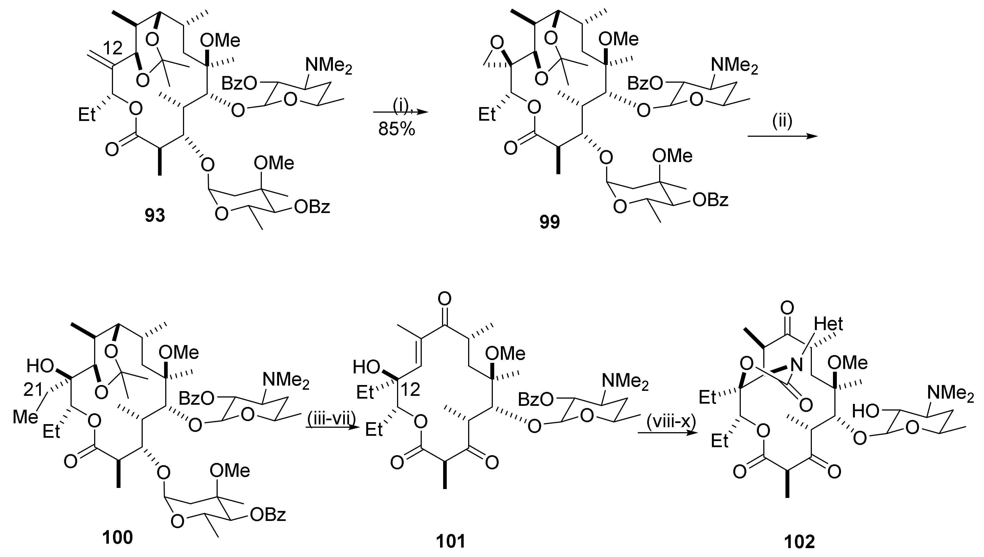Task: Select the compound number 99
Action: click(549, 222)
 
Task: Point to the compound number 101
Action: click(451, 541)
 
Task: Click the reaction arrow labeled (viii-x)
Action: click(666, 433)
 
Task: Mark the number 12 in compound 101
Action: click(410, 389)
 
